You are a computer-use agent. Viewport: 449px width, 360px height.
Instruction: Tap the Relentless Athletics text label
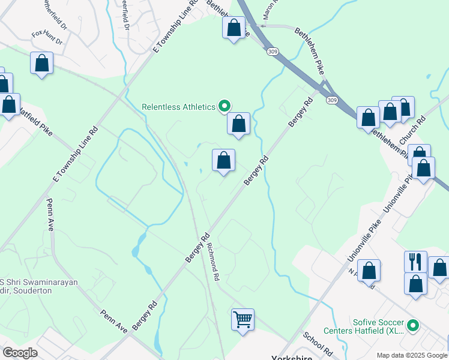178,107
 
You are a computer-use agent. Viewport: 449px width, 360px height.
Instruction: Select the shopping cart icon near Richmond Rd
243,319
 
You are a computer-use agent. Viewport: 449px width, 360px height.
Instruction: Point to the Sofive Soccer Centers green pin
412,326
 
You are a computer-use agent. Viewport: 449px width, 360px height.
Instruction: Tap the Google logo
20,353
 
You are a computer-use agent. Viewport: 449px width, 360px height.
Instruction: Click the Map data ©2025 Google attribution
411,355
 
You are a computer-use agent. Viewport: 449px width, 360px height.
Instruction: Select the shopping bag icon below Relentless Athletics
238,124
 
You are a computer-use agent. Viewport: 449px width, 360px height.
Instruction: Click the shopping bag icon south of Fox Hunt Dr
42,63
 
